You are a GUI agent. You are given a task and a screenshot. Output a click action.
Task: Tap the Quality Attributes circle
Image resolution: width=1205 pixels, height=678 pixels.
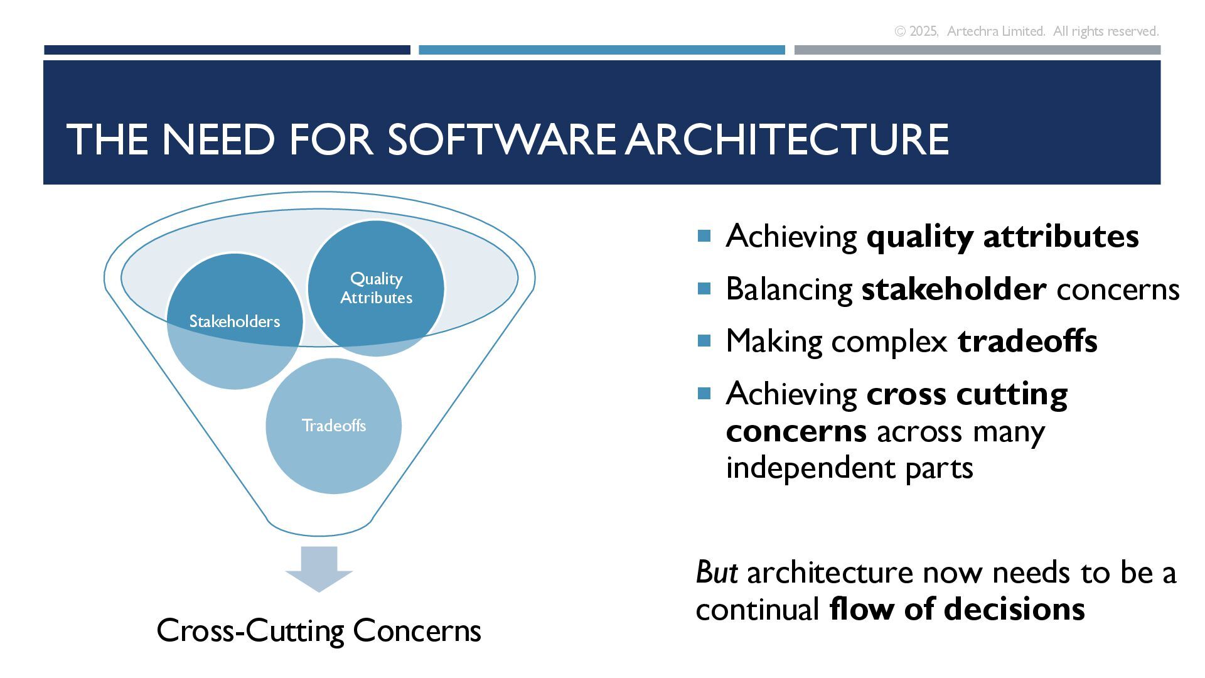pyautogui.click(x=376, y=288)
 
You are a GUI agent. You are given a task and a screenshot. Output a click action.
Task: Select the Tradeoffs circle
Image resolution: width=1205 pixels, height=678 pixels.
pyautogui.click(x=333, y=426)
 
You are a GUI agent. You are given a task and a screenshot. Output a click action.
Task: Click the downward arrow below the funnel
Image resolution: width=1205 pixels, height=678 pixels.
pyautogui.click(x=319, y=569)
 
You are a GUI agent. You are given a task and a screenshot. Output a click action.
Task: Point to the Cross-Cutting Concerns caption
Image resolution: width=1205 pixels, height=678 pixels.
pyautogui.click(x=319, y=630)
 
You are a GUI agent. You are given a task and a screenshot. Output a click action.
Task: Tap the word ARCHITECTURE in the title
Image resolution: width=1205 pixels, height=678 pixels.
pyautogui.click(x=787, y=139)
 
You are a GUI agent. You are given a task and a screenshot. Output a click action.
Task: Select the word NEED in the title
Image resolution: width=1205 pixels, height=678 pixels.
pyautogui.click(x=218, y=139)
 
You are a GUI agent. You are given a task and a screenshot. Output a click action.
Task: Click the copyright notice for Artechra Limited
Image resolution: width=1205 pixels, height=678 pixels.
pyautogui.click(x=1026, y=31)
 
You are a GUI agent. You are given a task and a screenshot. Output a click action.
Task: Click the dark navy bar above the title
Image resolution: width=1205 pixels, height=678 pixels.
pyautogui.click(x=227, y=50)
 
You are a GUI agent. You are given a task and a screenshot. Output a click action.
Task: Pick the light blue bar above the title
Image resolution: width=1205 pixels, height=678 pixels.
pyautogui.click(x=601, y=50)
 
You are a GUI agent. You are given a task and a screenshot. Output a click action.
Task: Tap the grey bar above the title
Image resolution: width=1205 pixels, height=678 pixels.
pyautogui.click(x=977, y=50)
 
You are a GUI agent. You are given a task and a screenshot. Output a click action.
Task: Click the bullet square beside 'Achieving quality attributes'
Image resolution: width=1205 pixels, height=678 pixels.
pyautogui.click(x=704, y=236)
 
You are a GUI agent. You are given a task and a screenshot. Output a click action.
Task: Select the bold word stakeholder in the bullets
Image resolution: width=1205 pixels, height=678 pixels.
pyautogui.click(x=953, y=289)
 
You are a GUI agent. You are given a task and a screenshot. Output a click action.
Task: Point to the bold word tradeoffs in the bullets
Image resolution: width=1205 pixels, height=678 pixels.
pyautogui.click(x=1027, y=341)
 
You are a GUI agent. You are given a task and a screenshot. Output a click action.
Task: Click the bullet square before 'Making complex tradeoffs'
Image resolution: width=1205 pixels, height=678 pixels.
pyautogui.click(x=704, y=341)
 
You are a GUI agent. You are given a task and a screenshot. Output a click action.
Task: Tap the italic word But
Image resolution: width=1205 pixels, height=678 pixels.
pyautogui.click(x=716, y=573)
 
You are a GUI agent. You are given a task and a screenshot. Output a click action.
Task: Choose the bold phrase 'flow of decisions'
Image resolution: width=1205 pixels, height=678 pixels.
pyautogui.click(x=956, y=609)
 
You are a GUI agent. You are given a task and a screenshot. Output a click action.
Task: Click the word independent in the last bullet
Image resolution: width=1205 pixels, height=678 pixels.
pyautogui.click(x=810, y=468)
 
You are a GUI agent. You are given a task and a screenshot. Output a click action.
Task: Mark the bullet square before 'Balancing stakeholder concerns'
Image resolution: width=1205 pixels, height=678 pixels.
pyautogui.click(x=704, y=289)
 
